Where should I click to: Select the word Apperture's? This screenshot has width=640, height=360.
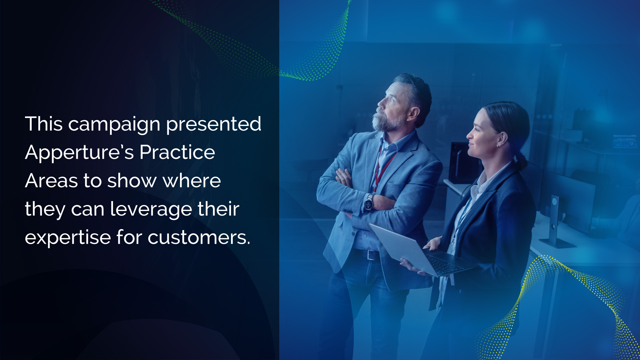[x=79, y=153]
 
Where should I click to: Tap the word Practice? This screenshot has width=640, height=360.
[x=177, y=152]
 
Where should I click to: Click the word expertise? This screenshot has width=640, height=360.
[x=68, y=238]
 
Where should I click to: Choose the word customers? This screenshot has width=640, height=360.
[x=199, y=238]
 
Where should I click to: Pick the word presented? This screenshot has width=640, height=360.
[x=214, y=125]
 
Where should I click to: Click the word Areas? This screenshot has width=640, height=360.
[x=51, y=181]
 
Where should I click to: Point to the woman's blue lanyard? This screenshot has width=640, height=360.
[x=462, y=217]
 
